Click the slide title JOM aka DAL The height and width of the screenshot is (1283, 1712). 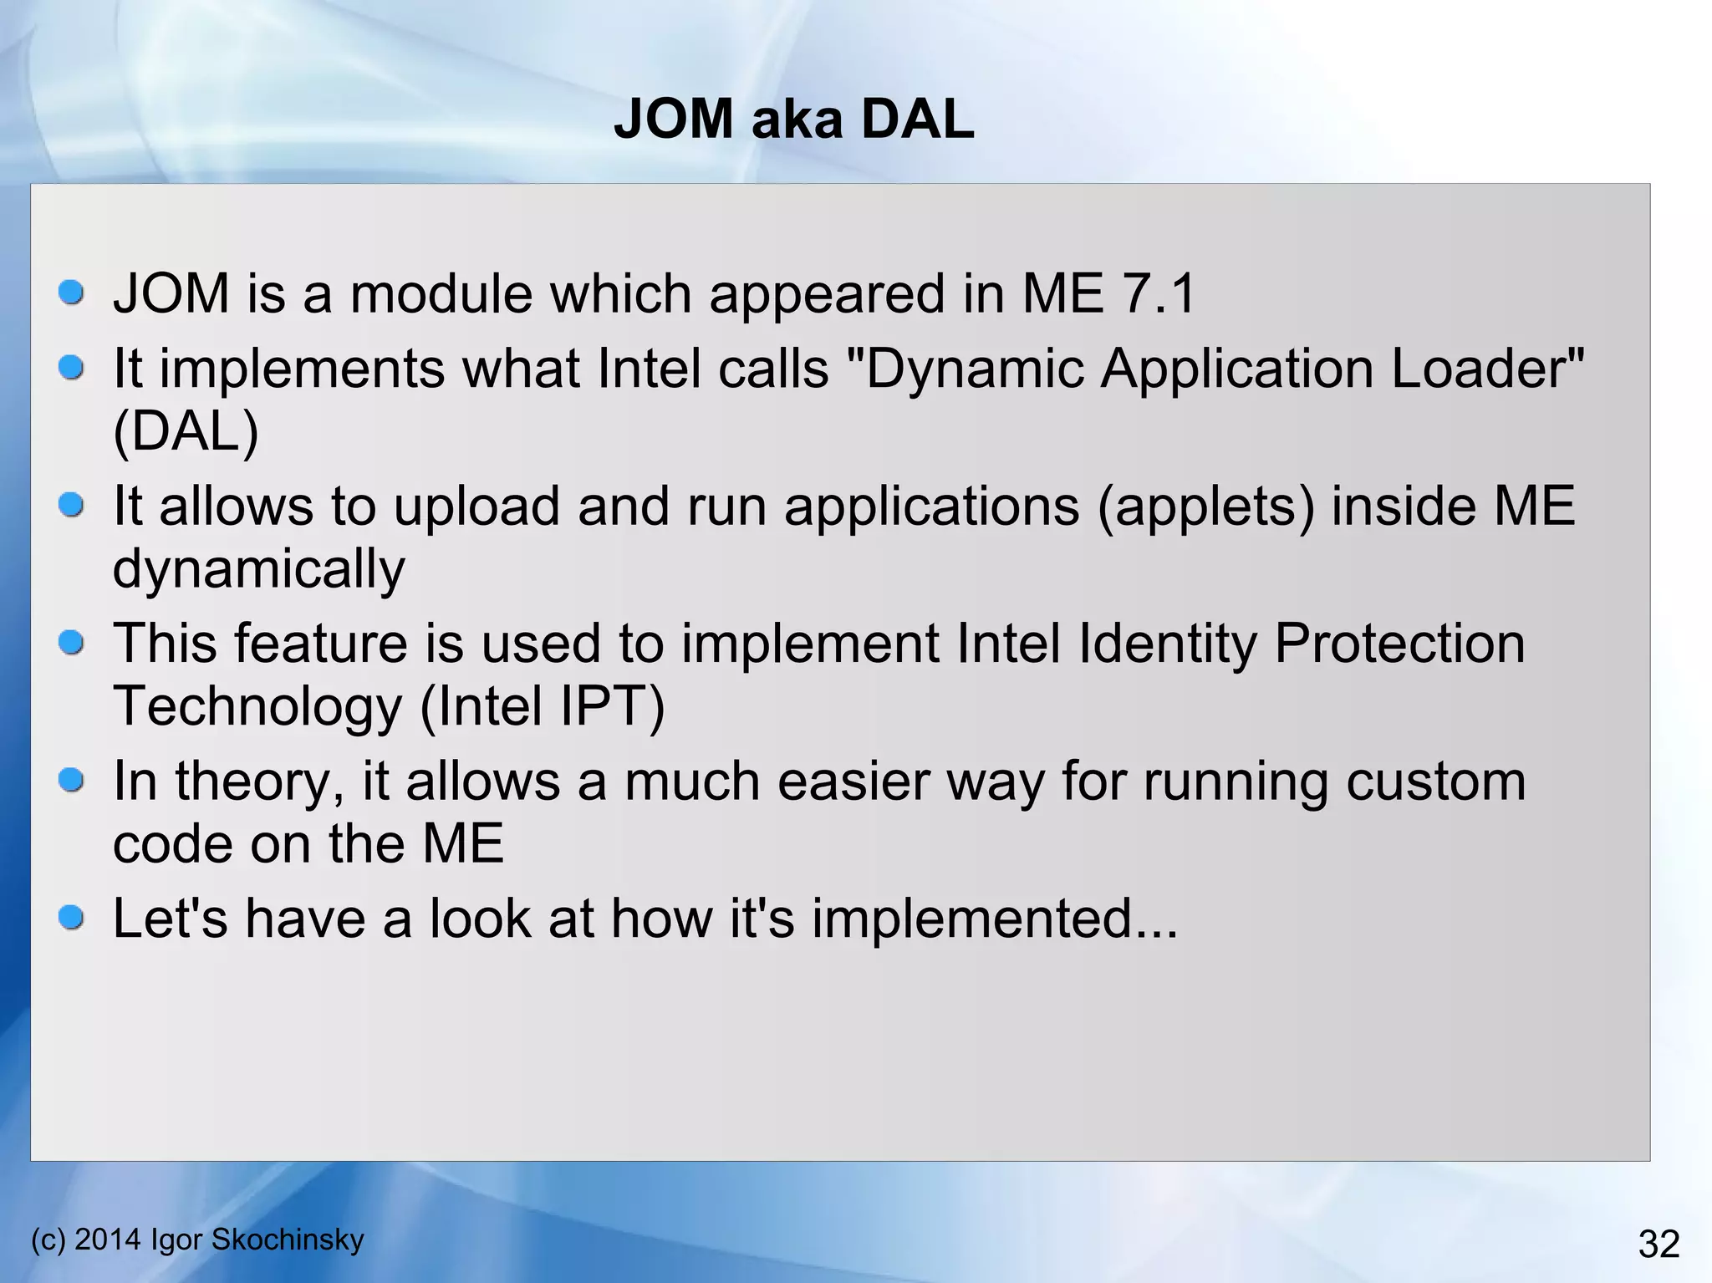793,119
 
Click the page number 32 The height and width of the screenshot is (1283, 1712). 1658,1244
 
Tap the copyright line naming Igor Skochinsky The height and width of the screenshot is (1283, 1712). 197,1239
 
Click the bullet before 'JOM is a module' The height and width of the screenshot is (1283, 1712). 72,293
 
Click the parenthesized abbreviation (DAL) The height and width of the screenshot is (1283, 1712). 186,431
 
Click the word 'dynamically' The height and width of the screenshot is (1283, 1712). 258,569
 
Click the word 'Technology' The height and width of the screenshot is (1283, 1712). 257,706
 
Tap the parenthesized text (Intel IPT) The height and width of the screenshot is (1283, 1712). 542,706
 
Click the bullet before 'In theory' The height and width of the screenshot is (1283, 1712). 72,781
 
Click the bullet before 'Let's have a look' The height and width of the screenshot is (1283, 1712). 72,918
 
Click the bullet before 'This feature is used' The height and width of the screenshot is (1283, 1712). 72,643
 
